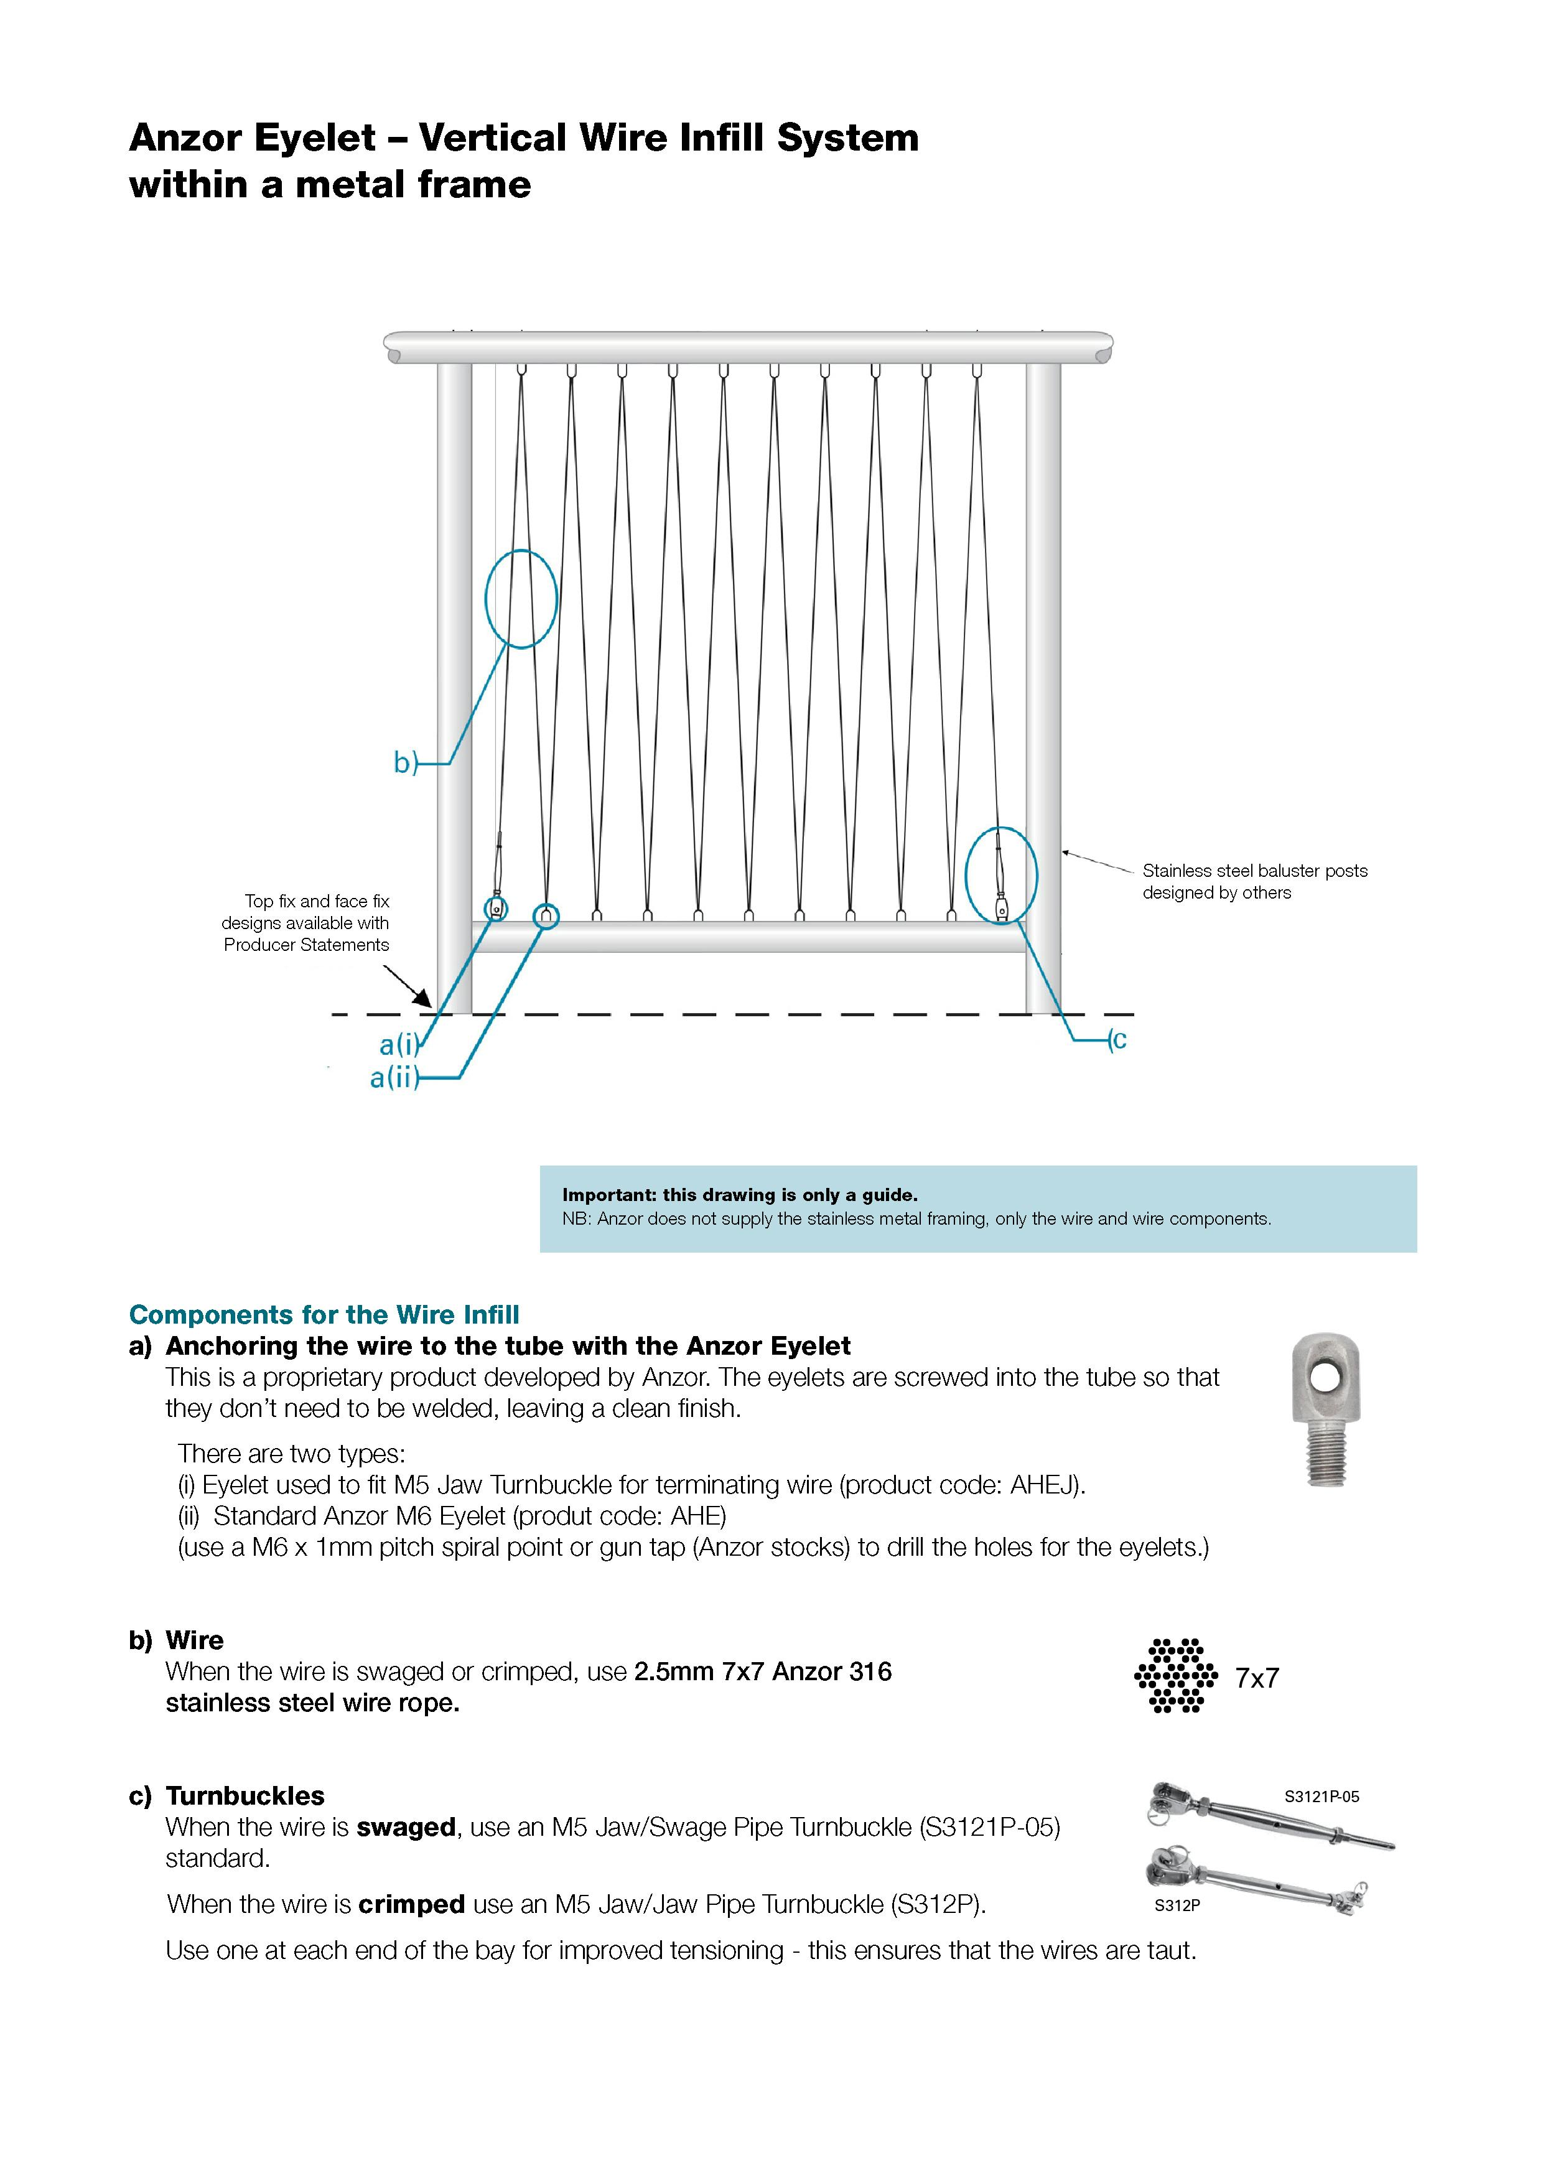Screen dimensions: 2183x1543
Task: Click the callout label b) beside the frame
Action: (405, 762)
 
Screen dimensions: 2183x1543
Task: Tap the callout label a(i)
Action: (398, 1045)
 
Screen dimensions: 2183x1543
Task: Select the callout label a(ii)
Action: (394, 1078)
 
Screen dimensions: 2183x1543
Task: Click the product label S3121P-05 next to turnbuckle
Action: (1322, 1797)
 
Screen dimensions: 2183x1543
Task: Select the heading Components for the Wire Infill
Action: (324, 1314)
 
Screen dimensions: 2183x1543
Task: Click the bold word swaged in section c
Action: (406, 1828)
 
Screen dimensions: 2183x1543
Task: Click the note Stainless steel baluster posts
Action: (1254, 871)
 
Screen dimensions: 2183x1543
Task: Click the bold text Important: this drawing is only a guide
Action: (740, 1195)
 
